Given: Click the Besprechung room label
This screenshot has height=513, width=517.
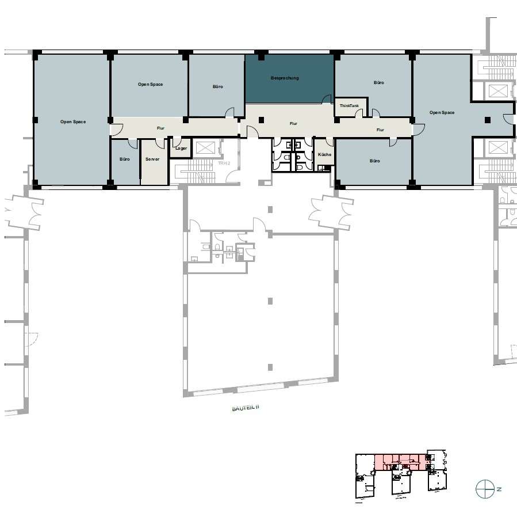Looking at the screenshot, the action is [x=285, y=78].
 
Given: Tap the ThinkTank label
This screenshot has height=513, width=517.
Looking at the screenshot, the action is [x=349, y=105].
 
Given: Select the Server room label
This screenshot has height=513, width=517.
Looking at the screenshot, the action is [x=152, y=159].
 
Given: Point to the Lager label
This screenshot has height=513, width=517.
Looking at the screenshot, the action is [x=181, y=148].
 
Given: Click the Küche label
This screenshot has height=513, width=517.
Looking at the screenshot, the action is [x=324, y=154].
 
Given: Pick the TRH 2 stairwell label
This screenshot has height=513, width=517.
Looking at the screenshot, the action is [x=224, y=163].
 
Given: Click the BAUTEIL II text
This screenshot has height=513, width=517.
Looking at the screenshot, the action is [x=246, y=408].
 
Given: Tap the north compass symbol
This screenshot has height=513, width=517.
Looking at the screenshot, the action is [x=485, y=489].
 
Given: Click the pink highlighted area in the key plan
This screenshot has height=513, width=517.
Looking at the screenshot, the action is [x=400, y=462].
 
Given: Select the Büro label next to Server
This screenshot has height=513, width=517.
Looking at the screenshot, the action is [x=125, y=159].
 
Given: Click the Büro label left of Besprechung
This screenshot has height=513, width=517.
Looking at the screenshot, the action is [x=217, y=86].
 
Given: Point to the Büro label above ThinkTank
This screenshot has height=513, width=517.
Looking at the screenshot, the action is [x=379, y=82].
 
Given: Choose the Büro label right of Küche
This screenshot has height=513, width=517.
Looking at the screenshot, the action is [x=374, y=161].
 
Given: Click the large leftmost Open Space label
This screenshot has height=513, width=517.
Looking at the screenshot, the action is [x=73, y=122].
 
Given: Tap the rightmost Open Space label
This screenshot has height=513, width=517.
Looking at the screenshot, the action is [x=442, y=113].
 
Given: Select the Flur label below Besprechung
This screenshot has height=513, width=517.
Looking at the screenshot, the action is [x=293, y=123].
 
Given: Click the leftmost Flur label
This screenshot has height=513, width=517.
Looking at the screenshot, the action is [x=160, y=128].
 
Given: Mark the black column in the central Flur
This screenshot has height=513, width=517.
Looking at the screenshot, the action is [x=261, y=120].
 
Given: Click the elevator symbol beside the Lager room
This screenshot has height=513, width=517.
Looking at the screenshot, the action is [x=204, y=147].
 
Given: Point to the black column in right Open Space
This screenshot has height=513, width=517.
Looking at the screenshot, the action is [x=488, y=120].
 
